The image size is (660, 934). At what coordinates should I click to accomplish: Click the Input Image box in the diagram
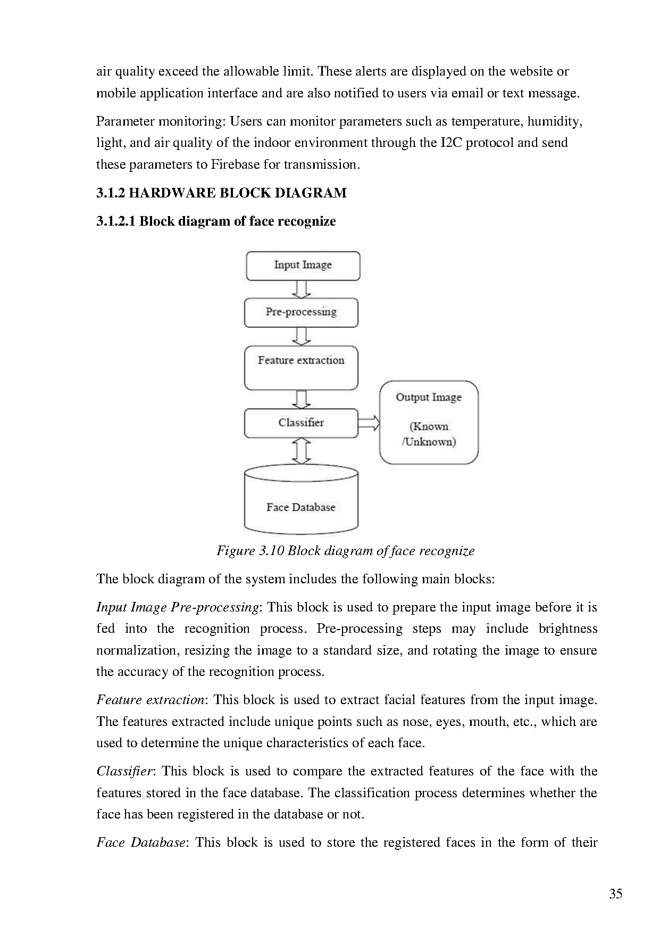pyautogui.click(x=303, y=266)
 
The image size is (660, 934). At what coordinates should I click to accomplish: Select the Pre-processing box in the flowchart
pyautogui.click(x=301, y=313)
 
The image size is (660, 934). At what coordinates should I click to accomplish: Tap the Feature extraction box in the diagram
pyautogui.click(x=301, y=368)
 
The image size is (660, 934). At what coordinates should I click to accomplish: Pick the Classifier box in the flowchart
pyautogui.click(x=301, y=423)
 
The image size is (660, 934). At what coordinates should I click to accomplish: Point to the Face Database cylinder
pyautogui.click(x=301, y=500)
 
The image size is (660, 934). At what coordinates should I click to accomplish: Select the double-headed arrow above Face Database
pyautogui.click(x=302, y=451)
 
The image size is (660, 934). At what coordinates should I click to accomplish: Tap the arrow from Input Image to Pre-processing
pyautogui.click(x=302, y=289)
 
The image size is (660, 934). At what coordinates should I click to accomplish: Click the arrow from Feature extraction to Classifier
pyautogui.click(x=302, y=399)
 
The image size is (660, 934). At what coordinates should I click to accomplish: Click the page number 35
pyautogui.click(x=615, y=894)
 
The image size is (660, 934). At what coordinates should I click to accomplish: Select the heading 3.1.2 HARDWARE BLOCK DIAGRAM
pyautogui.click(x=221, y=193)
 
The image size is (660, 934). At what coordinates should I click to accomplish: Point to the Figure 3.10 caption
pyautogui.click(x=345, y=551)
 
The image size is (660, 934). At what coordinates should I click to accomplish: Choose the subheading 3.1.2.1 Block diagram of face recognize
pyautogui.click(x=216, y=221)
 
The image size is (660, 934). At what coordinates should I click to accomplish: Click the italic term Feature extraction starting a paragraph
pyautogui.click(x=151, y=700)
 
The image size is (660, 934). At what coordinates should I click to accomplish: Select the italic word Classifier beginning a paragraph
pyautogui.click(x=125, y=771)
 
